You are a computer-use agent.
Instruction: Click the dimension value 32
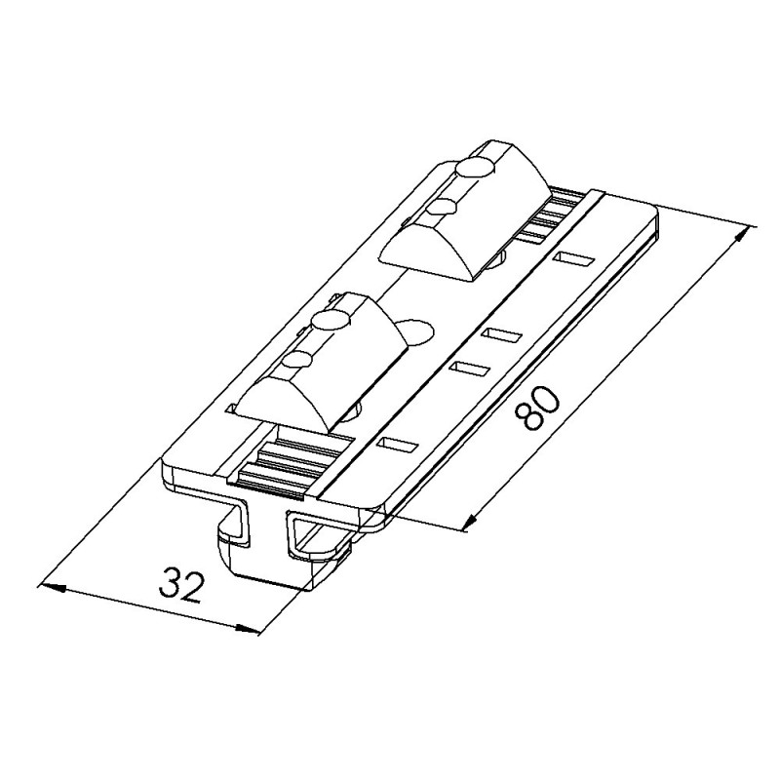tap(183, 585)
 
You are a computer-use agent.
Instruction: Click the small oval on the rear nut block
tap(447, 205)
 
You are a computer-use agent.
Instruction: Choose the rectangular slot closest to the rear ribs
tap(573, 259)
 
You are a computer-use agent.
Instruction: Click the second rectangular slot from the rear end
tap(501, 334)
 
